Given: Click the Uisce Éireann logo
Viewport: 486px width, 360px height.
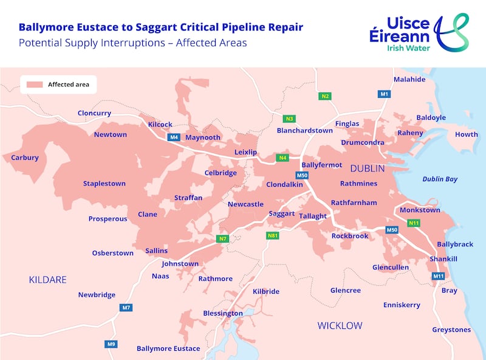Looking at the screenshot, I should [x=419, y=32].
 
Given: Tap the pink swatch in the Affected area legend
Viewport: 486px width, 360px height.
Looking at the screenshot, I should [x=34, y=85].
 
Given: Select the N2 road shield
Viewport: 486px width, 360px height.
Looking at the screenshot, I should [x=325, y=96].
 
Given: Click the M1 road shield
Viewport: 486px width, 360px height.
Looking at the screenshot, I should [x=384, y=94].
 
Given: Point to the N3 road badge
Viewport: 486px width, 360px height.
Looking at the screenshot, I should [x=290, y=118].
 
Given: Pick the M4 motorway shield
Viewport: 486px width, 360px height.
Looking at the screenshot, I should [x=174, y=137].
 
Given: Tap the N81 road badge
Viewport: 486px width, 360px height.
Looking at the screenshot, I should [x=272, y=235].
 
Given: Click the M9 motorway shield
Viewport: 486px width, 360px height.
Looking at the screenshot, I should [x=111, y=344].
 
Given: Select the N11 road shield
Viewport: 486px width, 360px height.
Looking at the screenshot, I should [x=414, y=223].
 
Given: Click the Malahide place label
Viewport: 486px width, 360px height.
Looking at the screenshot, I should [x=409, y=80].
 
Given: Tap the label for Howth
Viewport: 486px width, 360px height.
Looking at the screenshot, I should [x=467, y=134].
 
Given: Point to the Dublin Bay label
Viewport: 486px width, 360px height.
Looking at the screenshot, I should [x=440, y=179].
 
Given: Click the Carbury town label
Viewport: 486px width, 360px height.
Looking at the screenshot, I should [x=25, y=157].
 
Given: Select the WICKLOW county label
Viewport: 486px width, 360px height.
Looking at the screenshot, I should [x=340, y=326].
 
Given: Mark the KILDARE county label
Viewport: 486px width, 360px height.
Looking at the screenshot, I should [x=47, y=280].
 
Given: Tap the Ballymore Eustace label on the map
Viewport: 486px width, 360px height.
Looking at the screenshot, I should [x=168, y=348].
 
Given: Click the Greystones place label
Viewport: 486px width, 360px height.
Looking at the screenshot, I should [x=451, y=330].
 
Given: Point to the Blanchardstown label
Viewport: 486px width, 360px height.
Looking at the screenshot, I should [x=305, y=130].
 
